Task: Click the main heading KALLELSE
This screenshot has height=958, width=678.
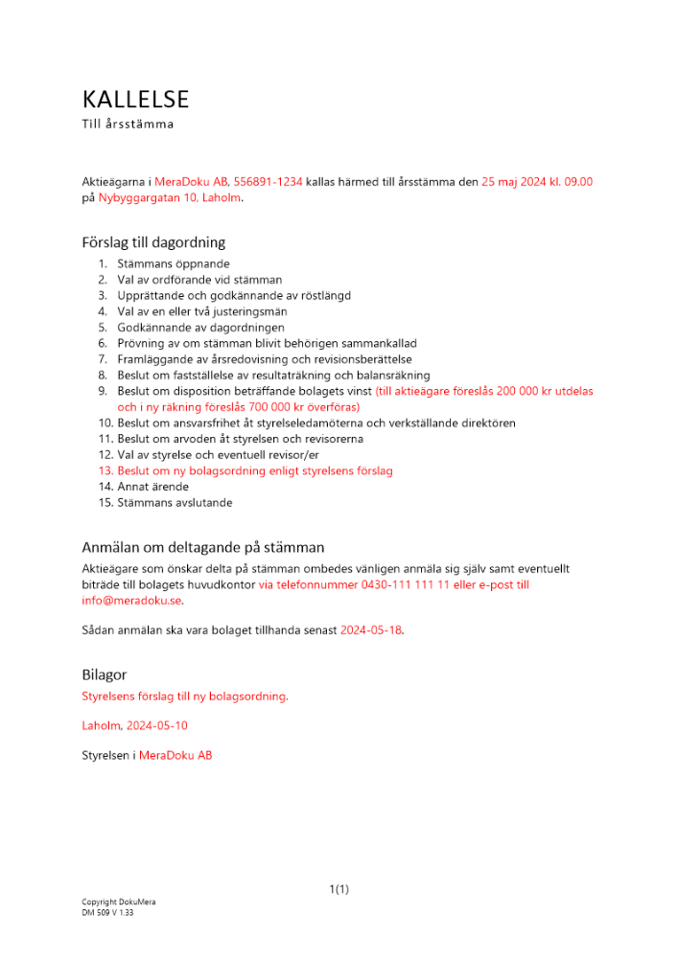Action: (x=135, y=100)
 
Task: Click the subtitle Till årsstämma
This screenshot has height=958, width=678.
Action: (x=128, y=125)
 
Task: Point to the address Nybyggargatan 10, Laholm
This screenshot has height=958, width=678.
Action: (x=170, y=197)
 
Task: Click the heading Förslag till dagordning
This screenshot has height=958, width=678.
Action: (x=153, y=242)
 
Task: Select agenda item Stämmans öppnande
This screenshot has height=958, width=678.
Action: (x=173, y=263)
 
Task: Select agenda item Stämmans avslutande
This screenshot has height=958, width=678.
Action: (x=174, y=503)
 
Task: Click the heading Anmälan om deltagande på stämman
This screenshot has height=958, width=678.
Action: (x=202, y=548)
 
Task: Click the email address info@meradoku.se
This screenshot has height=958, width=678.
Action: (x=131, y=600)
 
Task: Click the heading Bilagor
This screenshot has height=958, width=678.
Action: (x=104, y=675)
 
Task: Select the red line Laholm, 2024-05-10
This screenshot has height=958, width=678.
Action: (x=134, y=726)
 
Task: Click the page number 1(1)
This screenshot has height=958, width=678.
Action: (x=339, y=889)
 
